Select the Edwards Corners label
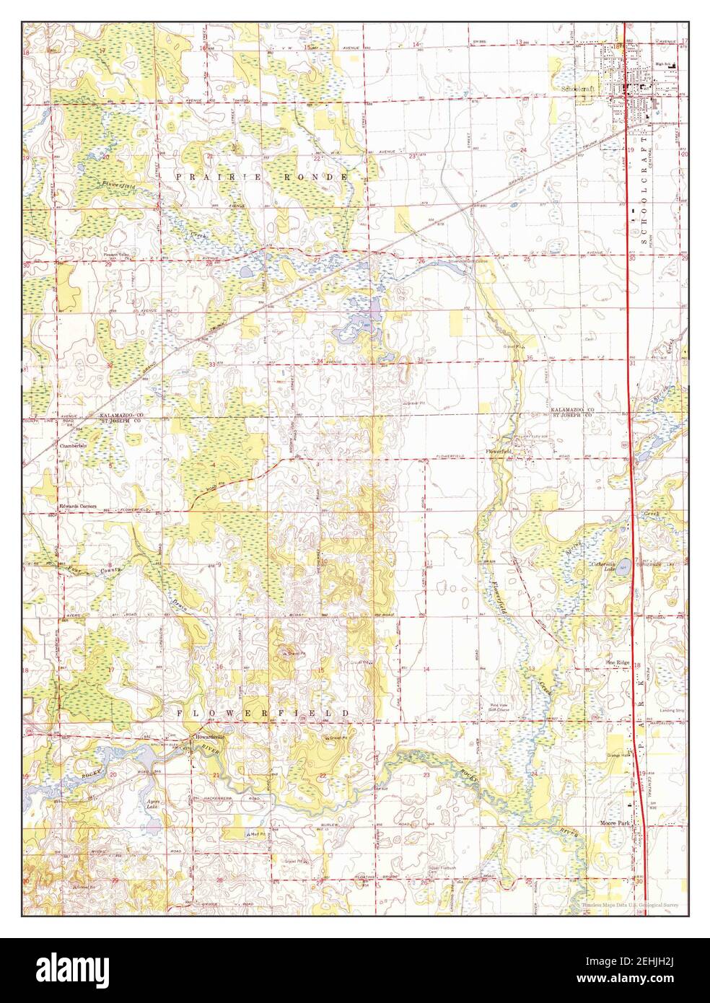pyautogui.click(x=77, y=507)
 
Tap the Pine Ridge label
pyautogui.click(x=618, y=662)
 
